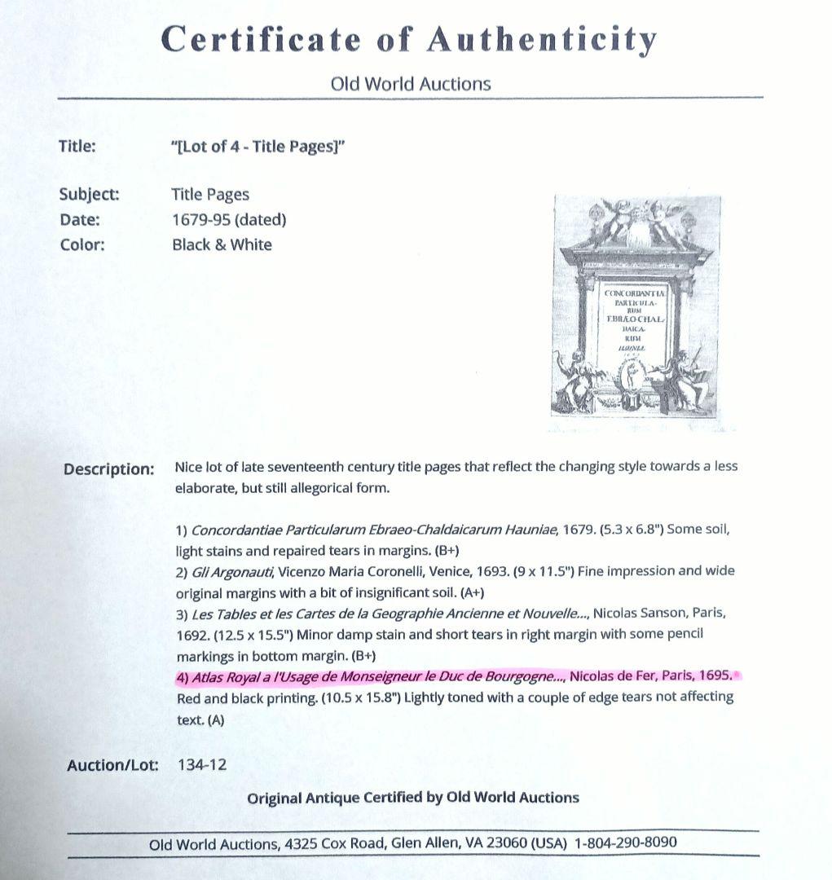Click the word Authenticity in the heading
(542, 39)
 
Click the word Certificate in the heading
(261, 39)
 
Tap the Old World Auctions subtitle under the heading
(411, 83)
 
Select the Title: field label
(77, 147)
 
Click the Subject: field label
(89, 194)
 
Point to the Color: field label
(82, 244)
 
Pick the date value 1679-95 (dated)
(229, 219)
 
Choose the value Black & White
(222, 244)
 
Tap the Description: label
(108, 469)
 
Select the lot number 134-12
(201, 764)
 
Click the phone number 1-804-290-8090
(625, 843)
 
